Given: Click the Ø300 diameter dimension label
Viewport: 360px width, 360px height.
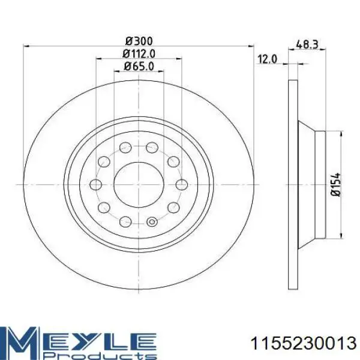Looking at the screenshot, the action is pos(139,41).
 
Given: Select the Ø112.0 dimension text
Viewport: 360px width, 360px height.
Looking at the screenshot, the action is pos(139,54).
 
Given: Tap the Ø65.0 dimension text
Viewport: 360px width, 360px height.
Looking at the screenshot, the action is pos(139,67).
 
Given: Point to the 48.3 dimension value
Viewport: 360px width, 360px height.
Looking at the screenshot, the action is pos(307,44).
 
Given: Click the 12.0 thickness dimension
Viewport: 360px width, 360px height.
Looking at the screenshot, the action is pos(268,59).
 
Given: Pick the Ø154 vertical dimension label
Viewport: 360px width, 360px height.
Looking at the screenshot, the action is pos(335,185).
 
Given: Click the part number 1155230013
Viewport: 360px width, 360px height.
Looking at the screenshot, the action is pos(304,344).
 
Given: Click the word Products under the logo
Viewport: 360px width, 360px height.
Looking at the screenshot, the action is pos(101,356).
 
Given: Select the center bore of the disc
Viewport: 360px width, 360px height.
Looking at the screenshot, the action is pos(139,185).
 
